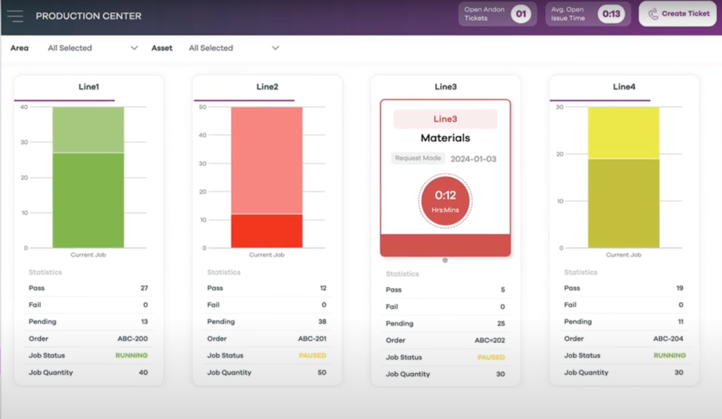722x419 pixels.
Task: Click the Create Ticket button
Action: click(678, 14)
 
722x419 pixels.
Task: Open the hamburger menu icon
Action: click(15, 16)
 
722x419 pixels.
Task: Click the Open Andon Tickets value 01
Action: click(520, 14)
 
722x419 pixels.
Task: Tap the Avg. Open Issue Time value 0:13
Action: click(611, 14)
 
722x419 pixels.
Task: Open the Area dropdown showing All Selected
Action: click(92, 48)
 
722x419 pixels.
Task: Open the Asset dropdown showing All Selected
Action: click(233, 48)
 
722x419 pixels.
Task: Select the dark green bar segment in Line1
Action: click(88, 200)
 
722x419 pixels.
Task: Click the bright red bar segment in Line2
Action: click(267, 231)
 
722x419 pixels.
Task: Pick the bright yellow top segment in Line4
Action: click(623, 133)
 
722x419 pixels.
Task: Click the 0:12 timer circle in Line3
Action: click(445, 201)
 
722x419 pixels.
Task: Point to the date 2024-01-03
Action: click(473, 159)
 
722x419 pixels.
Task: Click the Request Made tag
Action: click(418, 159)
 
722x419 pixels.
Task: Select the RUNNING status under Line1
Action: click(132, 356)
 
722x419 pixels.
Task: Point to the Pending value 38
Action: click(322, 322)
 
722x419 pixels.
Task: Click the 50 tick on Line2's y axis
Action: click(202, 107)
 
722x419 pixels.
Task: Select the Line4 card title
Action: click(624, 87)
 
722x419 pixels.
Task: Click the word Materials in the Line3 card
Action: click(445, 138)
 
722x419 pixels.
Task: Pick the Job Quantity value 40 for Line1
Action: click(143, 372)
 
